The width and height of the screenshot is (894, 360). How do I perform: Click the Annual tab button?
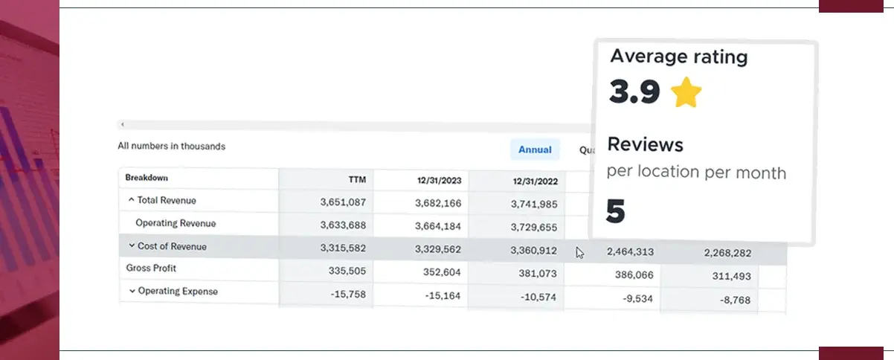tap(535, 150)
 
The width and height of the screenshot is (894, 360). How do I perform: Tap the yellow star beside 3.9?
tap(686, 93)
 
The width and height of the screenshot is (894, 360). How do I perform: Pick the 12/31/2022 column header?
tap(534, 181)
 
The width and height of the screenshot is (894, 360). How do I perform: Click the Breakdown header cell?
tap(147, 178)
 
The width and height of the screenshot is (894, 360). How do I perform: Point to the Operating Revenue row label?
tap(176, 222)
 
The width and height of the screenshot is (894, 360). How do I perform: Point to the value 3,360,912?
tap(533, 250)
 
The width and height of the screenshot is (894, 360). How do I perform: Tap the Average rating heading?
tap(679, 57)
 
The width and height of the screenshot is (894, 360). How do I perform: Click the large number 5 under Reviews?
tap(616, 212)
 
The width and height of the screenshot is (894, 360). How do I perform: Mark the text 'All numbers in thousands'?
tap(172, 146)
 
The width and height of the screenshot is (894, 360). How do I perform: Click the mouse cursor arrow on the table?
tap(579, 252)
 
